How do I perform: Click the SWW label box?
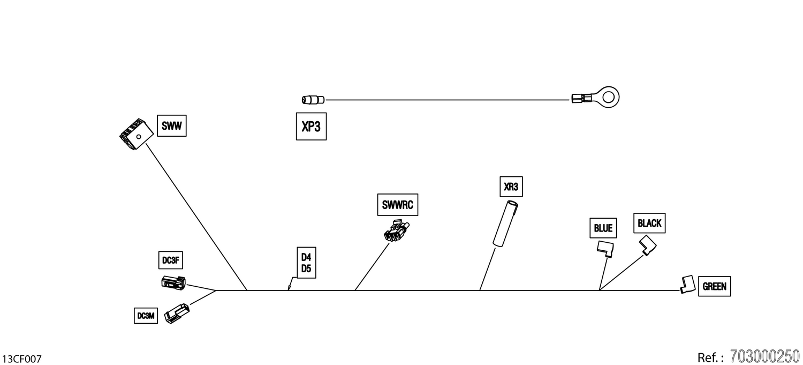tap(172, 125)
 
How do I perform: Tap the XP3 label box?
tap(311, 126)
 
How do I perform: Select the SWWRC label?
tap(398, 205)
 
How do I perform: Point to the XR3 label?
tap(511, 187)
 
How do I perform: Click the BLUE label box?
tap(603, 228)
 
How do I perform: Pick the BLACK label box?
tap(649, 224)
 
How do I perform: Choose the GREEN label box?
tap(715, 286)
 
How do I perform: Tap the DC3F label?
tap(171, 260)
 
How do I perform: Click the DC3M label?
tap(146, 316)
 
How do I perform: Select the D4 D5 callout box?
tap(307, 263)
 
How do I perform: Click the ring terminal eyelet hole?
tap(609, 97)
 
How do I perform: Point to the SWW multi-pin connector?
tap(136, 134)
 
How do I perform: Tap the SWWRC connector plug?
tap(397, 231)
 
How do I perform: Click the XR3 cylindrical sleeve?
tap(505, 224)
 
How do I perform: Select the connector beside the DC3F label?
tap(173, 282)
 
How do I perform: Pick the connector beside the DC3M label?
tap(177, 314)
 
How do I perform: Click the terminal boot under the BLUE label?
tap(605, 249)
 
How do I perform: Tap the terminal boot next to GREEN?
tap(687, 285)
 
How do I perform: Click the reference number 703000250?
tap(765, 356)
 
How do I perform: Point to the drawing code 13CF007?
tap(22, 359)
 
